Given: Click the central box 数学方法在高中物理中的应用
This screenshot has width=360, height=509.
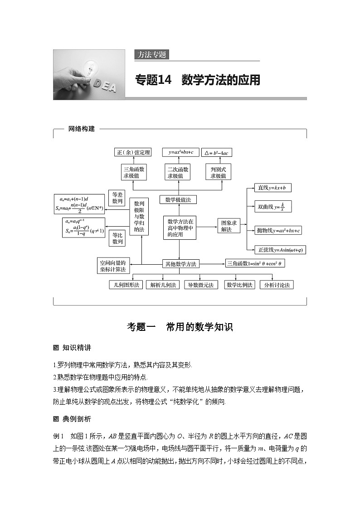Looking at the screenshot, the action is (180, 228).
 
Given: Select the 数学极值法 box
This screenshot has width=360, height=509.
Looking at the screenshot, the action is (178, 199).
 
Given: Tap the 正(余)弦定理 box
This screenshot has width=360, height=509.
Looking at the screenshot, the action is (133, 153).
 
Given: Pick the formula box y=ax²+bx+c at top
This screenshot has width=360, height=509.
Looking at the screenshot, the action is (178, 152).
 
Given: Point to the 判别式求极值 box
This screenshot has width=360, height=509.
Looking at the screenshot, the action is (218, 172).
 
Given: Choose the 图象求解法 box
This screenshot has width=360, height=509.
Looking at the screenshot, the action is (226, 226).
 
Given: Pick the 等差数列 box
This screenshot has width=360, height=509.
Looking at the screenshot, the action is (117, 198).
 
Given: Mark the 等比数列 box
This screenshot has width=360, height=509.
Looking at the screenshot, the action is (117, 238).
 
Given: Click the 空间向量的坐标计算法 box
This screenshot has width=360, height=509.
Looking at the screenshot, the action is (113, 266).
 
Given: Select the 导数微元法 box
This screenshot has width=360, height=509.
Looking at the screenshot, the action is (200, 285).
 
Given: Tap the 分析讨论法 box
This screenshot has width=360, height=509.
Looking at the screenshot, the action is (277, 285).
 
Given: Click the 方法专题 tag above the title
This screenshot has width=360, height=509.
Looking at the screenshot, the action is (151, 55).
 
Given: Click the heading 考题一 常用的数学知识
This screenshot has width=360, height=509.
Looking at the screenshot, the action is (180, 327).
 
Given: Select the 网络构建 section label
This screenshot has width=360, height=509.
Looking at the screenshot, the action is (81, 129).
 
